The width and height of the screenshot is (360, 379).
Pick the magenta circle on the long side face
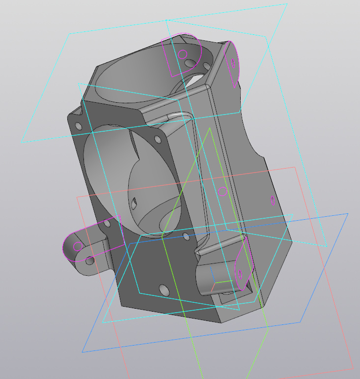click(x=222, y=191)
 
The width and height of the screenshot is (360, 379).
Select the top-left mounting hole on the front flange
click(x=77, y=125)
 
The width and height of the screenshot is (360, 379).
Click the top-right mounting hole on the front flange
click(x=158, y=140)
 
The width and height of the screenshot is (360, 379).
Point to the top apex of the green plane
click(x=210, y=128)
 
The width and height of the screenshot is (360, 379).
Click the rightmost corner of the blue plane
click(x=348, y=214)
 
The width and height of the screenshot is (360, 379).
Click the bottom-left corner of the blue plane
click(x=82, y=352)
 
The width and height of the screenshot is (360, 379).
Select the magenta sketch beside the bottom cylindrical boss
click(x=241, y=272)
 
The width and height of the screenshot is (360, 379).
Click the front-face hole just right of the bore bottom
click(x=186, y=237)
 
